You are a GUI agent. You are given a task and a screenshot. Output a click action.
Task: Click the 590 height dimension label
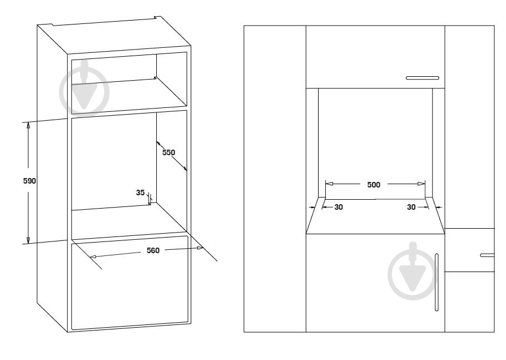[29, 181]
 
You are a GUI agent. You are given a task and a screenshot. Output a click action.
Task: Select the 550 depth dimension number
[168, 152]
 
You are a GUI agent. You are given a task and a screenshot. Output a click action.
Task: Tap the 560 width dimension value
[153, 250]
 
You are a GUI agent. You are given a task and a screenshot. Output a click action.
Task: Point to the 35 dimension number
[140, 193]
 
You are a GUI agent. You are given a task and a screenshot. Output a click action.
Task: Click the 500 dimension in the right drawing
[374, 185]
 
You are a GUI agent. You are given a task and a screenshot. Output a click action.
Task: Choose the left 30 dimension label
[339, 208]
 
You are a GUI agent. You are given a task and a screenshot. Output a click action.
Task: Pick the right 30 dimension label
[411, 208]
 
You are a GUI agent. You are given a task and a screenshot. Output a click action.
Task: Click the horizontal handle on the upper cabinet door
[423, 78]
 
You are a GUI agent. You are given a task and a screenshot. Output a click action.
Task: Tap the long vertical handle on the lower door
[436, 282]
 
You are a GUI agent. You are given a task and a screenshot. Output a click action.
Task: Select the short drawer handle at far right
[487, 255]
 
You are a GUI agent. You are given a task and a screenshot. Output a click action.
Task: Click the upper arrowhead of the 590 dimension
[28, 126]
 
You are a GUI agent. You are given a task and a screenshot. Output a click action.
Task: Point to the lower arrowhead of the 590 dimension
[28, 240]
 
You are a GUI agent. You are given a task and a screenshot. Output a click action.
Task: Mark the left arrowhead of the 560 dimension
[93, 257]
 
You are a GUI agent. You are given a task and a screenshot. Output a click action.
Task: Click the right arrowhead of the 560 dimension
[200, 248]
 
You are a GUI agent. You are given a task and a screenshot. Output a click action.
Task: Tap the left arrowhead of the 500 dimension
[329, 184]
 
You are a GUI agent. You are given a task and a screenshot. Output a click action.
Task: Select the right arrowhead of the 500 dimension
[421, 184]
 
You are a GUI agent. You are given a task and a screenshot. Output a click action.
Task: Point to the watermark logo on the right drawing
[413, 271]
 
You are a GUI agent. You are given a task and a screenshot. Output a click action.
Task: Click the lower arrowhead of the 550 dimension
[185, 169]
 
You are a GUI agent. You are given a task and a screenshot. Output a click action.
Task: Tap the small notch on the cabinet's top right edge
[157, 17]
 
